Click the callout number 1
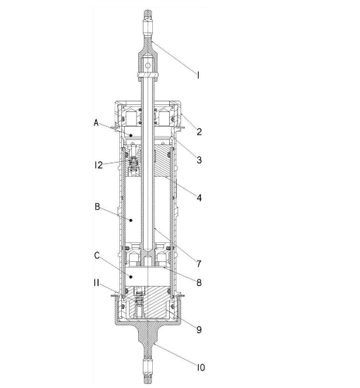point(198,75)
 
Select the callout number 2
point(199,132)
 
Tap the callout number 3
point(199,160)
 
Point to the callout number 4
point(199,198)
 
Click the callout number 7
point(199,264)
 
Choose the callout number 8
point(199,282)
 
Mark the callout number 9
point(199,330)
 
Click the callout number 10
point(201,368)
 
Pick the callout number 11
point(97,282)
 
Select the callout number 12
point(99,165)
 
